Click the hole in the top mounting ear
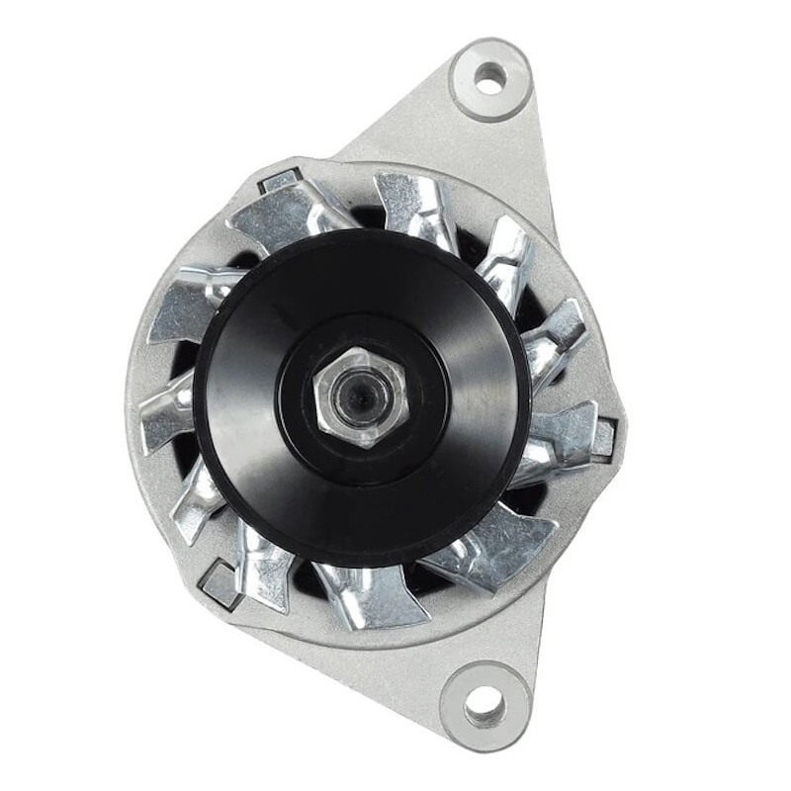coord(489,76)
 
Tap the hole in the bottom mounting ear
coord(482,705)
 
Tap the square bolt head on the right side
coord(604,436)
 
